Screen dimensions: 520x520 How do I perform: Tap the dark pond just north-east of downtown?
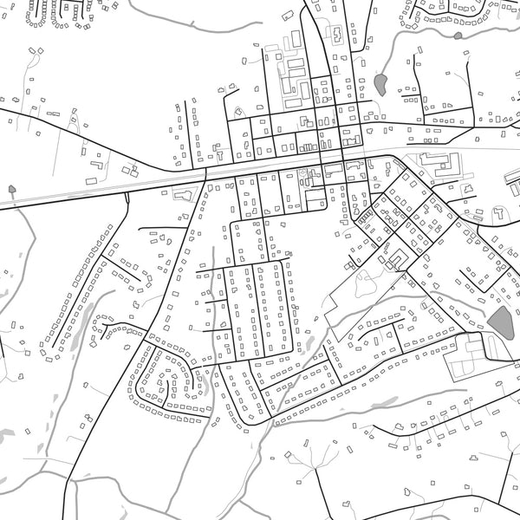pyautogui.click(x=380, y=83)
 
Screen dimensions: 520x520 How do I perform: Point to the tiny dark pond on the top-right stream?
pyautogui.click(x=458, y=36)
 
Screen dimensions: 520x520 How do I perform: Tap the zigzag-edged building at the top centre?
pyautogui.click(x=334, y=35)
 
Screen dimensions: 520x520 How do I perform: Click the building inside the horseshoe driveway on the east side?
pyautogui.click(x=500, y=211)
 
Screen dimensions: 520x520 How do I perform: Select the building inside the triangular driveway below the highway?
pyautogui.click(x=183, y=194)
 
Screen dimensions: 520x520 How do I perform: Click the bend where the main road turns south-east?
pyautogui.click(x=394, y=159)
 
